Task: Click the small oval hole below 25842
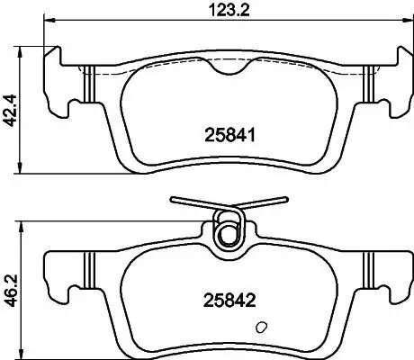(262, 327)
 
